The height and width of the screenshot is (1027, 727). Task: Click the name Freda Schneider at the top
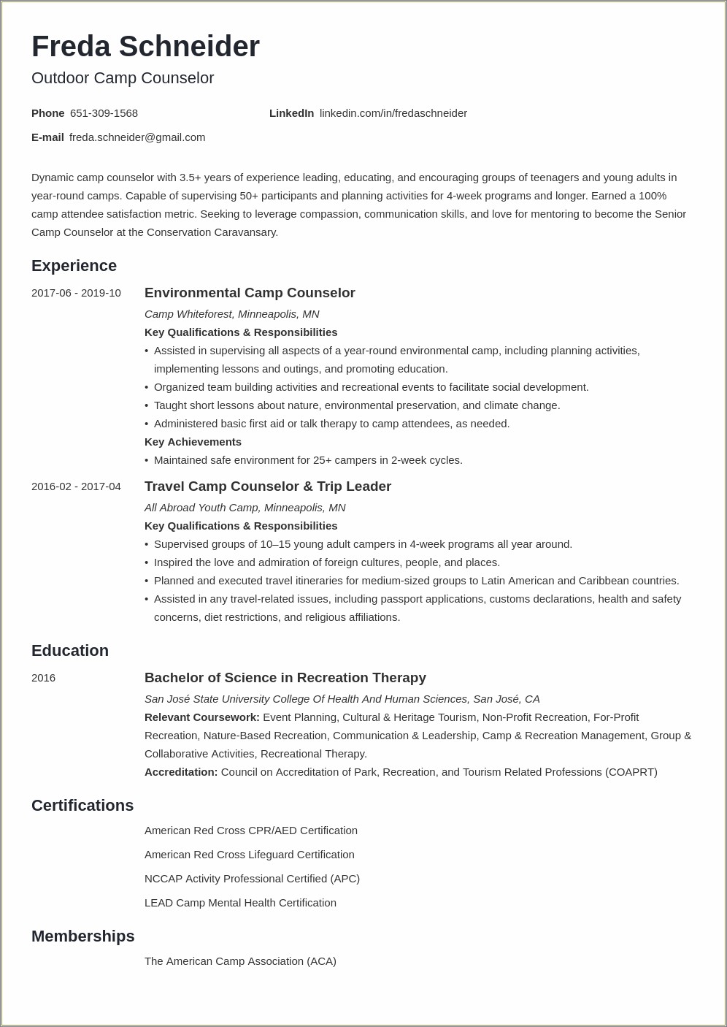[x=145, y=47]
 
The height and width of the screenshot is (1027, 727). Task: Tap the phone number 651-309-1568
[x=104, y=113]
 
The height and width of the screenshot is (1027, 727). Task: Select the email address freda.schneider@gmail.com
[x=137, y=137]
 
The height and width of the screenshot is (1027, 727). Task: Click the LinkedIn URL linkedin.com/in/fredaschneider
[x=393, y=113]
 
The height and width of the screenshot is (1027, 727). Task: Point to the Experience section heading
[x=74, y=266]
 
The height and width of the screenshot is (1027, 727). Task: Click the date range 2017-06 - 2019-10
[x=76, y=293]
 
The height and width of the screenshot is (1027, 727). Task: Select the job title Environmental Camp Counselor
[x=250, y=293]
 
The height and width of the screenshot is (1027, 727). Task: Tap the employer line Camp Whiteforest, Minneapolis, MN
[x=231, y=314]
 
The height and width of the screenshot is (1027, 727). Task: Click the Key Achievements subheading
[x=193, y=442]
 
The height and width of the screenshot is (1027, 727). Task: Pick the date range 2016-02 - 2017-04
[x=76, y=486]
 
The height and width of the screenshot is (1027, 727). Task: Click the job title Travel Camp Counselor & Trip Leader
[x=267, y=486]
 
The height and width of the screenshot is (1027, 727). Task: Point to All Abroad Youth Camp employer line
[x=245, y=508]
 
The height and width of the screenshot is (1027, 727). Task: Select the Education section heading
[x=70, y=651]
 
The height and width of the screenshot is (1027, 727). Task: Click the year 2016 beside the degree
[x=43, y=678]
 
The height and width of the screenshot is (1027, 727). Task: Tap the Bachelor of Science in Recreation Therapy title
[x=285, y=678]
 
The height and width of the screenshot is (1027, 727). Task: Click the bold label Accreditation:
[x=181, y=772]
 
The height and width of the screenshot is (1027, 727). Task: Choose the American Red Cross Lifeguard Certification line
[x=249, y=855]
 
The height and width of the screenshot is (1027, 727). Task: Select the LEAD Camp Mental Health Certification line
[x=240, y=903]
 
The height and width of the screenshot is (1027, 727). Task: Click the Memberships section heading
[x=82, y=936]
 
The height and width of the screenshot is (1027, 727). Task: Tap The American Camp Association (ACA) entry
[x=240, y=961]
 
